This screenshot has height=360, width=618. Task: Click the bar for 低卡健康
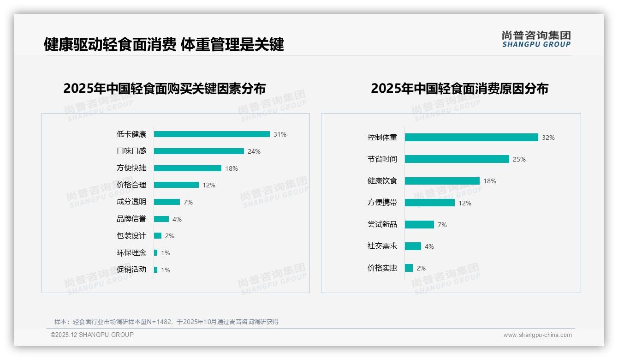pos(212,134)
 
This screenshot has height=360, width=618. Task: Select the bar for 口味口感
pos(199,151)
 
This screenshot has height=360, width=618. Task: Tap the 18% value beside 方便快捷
pos(232,168)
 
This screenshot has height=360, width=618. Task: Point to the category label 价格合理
pos(131,185)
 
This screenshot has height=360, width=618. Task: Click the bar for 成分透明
pos(167,202)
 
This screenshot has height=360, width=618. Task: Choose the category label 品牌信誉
pos(131,219)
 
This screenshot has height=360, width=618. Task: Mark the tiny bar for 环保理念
pos(156,253)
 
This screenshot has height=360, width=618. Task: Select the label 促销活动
pos(131,270)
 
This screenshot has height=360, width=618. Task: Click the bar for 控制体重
pos(471,138)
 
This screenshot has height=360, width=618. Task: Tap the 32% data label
pos(548,138)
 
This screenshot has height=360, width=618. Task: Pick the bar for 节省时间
pos(457,159)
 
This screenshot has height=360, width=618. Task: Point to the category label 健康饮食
pos(382,181)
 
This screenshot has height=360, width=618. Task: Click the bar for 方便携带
pos(430,203)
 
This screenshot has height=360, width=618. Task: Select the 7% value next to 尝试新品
pos(442,225)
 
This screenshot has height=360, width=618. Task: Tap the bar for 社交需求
pos(413,246)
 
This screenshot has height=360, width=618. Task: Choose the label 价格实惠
pos(382,268)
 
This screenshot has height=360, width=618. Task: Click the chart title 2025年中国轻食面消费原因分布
pos(459,89)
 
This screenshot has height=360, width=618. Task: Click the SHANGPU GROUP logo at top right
pos(536,39)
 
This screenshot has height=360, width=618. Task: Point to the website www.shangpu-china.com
pos(537,335)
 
